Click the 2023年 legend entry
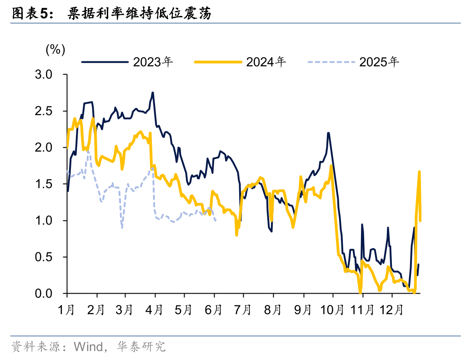click(152, 62)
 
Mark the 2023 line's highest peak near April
click(153, 93)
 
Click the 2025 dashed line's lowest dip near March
click(122, 227)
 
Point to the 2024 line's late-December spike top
click(419, 171)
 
